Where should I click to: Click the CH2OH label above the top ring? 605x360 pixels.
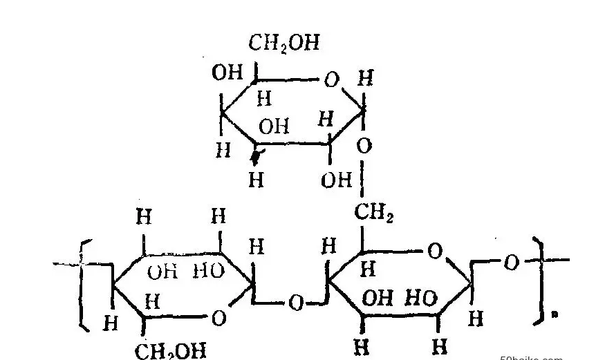click(283, 44)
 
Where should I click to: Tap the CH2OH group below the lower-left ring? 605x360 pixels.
click(170, 350)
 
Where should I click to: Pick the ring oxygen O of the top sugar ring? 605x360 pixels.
click(331, 80)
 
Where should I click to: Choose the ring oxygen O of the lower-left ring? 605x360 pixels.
click(218, 318)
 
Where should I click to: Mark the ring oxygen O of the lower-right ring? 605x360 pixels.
click(434, 251)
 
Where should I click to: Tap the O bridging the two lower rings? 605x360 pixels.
click(296, 303)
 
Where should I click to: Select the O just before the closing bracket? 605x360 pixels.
click(510, 262)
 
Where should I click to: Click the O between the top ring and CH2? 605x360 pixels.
click(364, 146)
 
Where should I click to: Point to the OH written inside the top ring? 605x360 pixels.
click(274, 126)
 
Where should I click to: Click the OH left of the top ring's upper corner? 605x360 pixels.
click(227, 73)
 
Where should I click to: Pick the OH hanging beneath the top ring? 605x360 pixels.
click(337, 180)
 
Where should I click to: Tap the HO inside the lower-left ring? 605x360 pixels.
click(207, 271)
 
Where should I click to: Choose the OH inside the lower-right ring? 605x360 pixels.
click(378, 299)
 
